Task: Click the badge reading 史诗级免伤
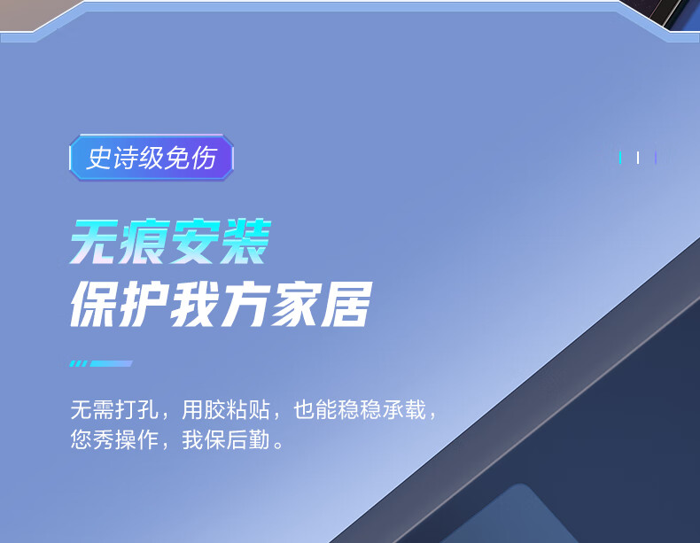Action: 152,158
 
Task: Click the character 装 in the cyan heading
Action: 246,242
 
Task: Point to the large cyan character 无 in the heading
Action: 95,242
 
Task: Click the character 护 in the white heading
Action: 144,305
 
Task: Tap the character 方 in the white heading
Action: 246,305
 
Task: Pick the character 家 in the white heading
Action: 297,305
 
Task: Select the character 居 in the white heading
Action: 346,305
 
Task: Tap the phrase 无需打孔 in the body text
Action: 114,409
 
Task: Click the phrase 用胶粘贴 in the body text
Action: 226,409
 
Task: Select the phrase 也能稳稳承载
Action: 360,409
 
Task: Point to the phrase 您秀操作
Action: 114,439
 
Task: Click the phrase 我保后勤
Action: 226,439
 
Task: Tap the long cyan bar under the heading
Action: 112,364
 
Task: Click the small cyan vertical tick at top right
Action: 620,158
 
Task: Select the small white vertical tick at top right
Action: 638,158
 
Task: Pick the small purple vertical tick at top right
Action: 656,158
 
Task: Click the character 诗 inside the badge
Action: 126,158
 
